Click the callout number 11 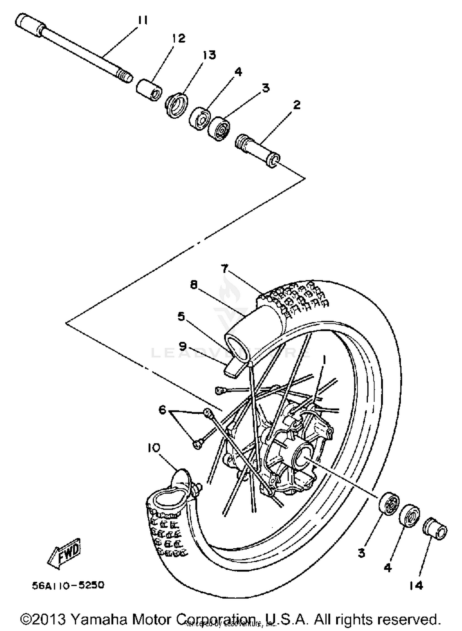point(142,21)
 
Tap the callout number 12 point(179,39)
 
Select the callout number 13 point(209,55)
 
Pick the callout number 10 point(154,448)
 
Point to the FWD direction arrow point(64,555)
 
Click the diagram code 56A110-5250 point(68,585)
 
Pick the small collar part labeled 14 point(435,528)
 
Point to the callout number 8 point(193,285)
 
